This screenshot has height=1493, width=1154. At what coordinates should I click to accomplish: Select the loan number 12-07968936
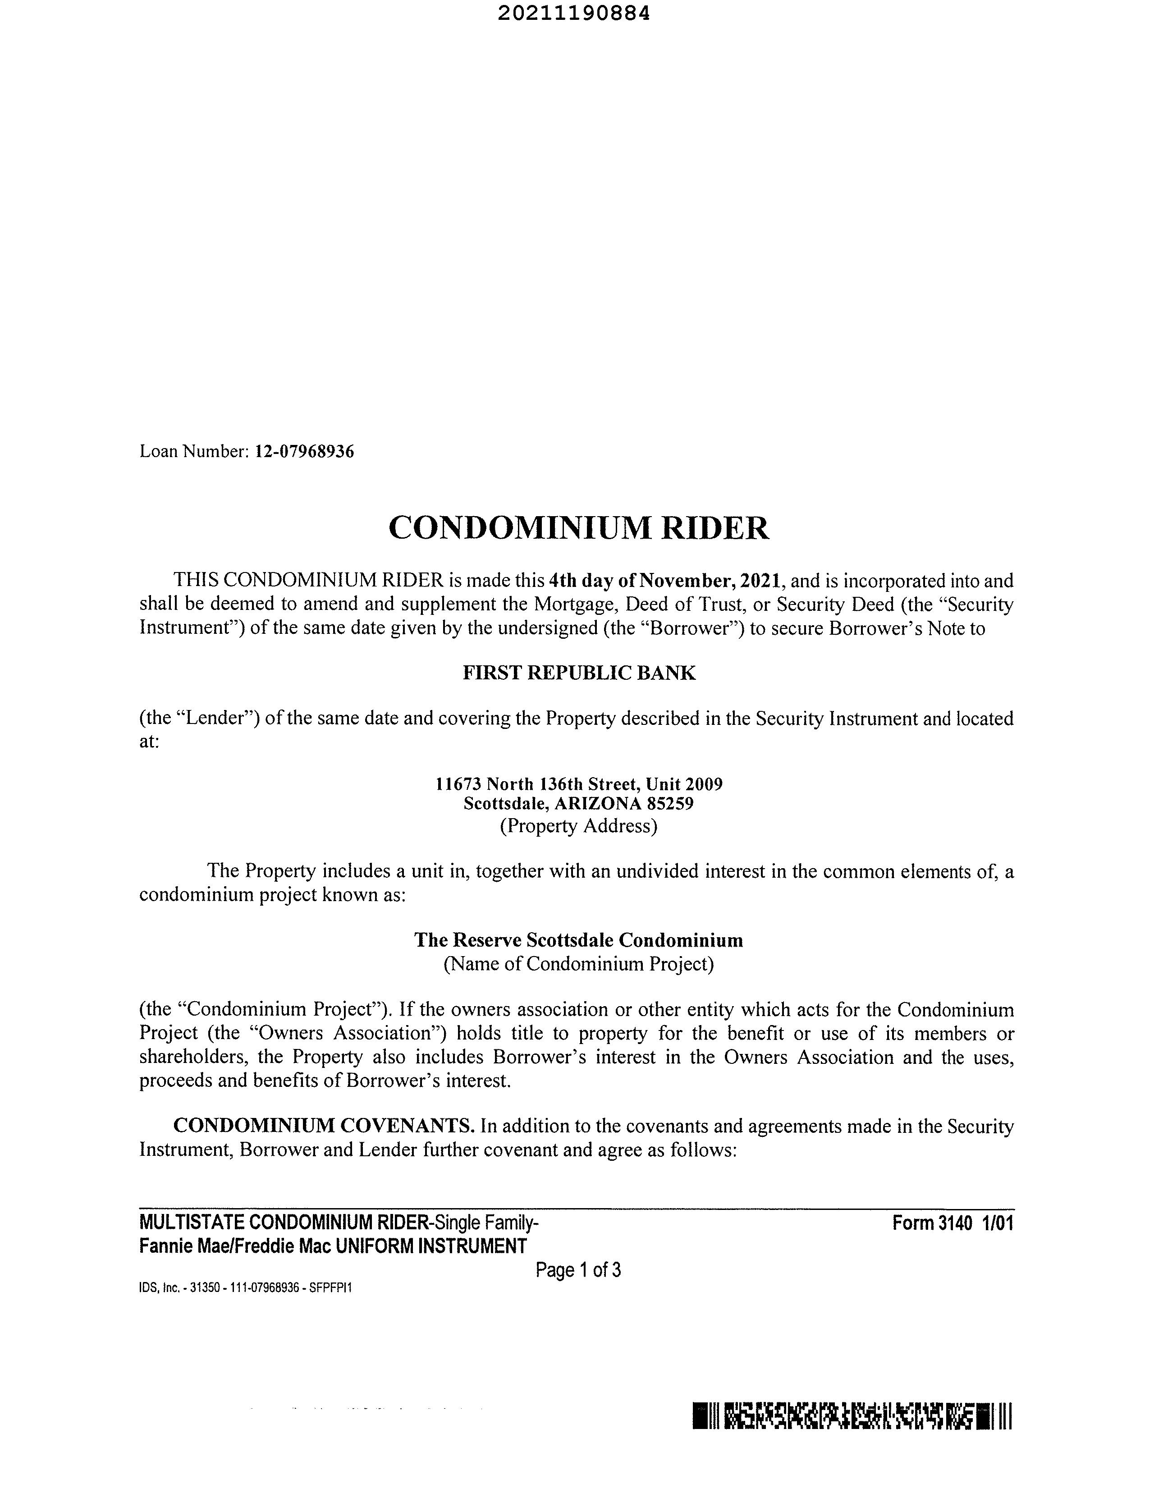point(304,452)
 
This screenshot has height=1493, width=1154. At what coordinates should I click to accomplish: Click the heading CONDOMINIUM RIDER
point(578,528)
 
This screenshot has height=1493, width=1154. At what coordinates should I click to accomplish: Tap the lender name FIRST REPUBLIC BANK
point(579,673)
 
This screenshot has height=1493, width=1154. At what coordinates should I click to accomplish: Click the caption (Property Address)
point(578,826)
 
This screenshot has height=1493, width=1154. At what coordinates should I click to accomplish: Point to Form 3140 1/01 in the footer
point(953,1223)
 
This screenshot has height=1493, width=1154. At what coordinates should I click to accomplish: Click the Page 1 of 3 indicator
point(578,1270)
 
